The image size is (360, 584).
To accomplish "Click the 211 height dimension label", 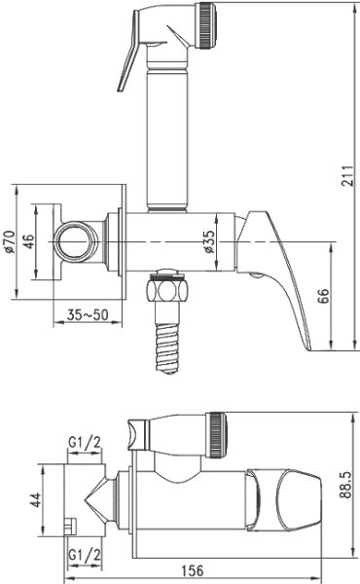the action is [347, 175].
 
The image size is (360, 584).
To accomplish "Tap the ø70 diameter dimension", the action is [10, 242].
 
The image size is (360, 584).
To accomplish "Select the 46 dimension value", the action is [28, 242].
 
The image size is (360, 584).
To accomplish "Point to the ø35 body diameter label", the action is [209, 242].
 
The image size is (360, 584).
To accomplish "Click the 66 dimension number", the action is [324, 296].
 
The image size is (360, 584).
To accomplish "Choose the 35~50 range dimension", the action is [88, 315].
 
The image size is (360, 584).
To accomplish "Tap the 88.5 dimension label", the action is [345, 485].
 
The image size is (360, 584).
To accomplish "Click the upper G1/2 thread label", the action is [85, 443].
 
